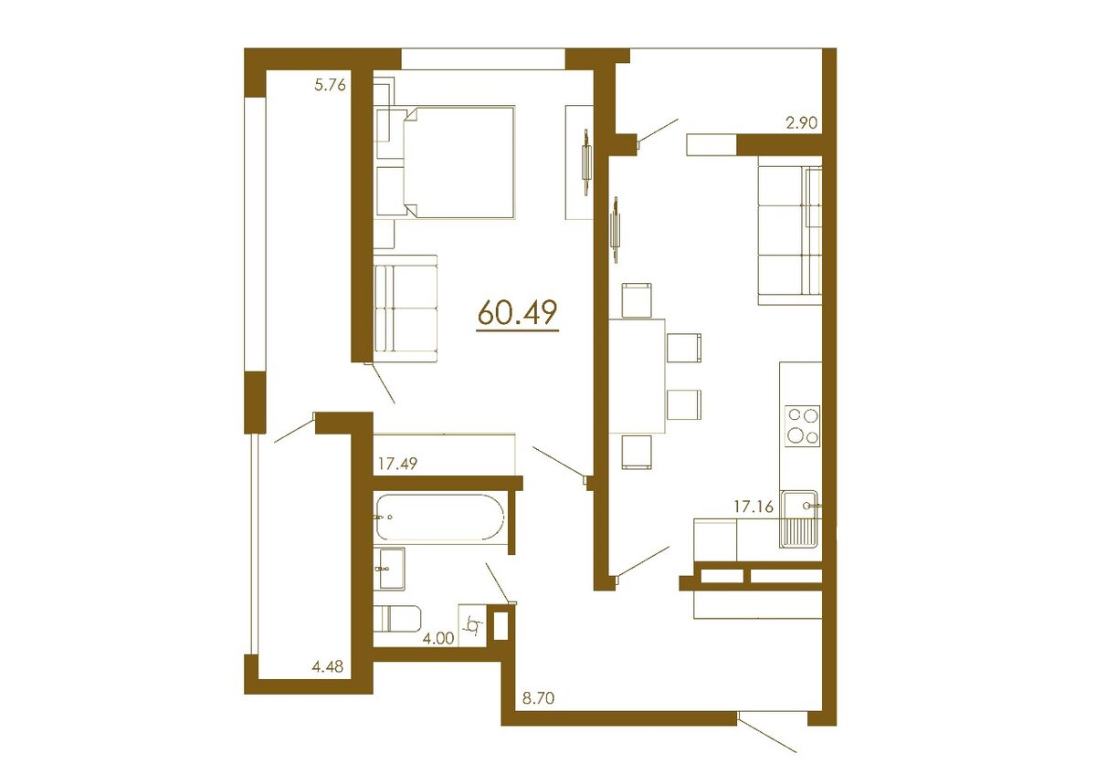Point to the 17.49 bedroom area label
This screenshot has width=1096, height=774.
click(398, 464)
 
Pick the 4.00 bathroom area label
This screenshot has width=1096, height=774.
click(438, 639)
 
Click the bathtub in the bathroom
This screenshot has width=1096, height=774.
click(437, 518)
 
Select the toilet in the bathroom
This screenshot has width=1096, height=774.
click(396, 618)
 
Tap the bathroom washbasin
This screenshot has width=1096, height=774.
click(390, 569)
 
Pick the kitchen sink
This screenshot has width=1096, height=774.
click(801, 518)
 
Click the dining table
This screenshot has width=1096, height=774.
click(638, 375)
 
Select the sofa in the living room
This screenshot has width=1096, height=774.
click(789, 230)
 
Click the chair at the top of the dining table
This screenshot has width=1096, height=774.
click(637, 299)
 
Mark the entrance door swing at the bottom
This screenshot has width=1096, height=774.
click(767, 736)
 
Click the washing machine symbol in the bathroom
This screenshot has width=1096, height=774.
click(474, 627)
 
